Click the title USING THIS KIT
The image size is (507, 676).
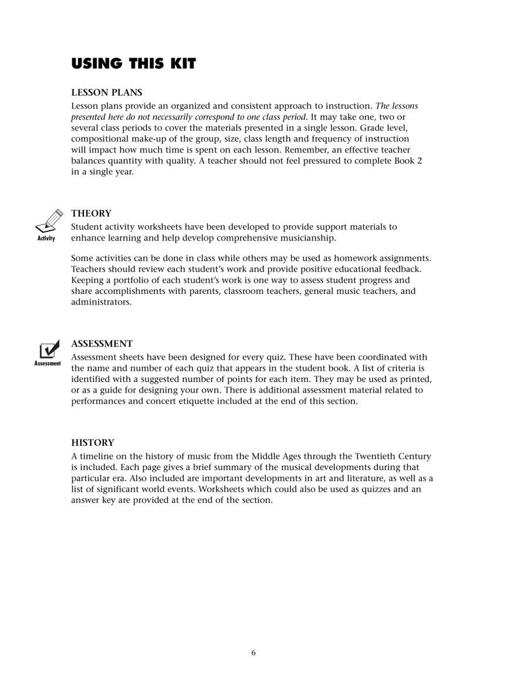pyautogui.click(x=133, y=64)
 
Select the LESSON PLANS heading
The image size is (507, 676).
pyautogui.click(x=106, y=93)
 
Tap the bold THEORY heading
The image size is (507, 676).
pyautogui.click(x=91, y=214)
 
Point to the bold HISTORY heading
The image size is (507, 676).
pyautogui.click(x=93, y=442)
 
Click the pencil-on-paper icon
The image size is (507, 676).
pyautogui.click(x=49, y=221)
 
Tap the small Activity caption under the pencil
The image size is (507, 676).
pyautogui.click(x=46, y=238)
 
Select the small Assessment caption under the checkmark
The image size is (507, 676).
pyautogui.click(x=48, y=364)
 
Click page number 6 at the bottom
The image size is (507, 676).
pyautogui.click(x=253, y=652)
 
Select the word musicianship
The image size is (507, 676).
pyautogui.click(x=307, y=238)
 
